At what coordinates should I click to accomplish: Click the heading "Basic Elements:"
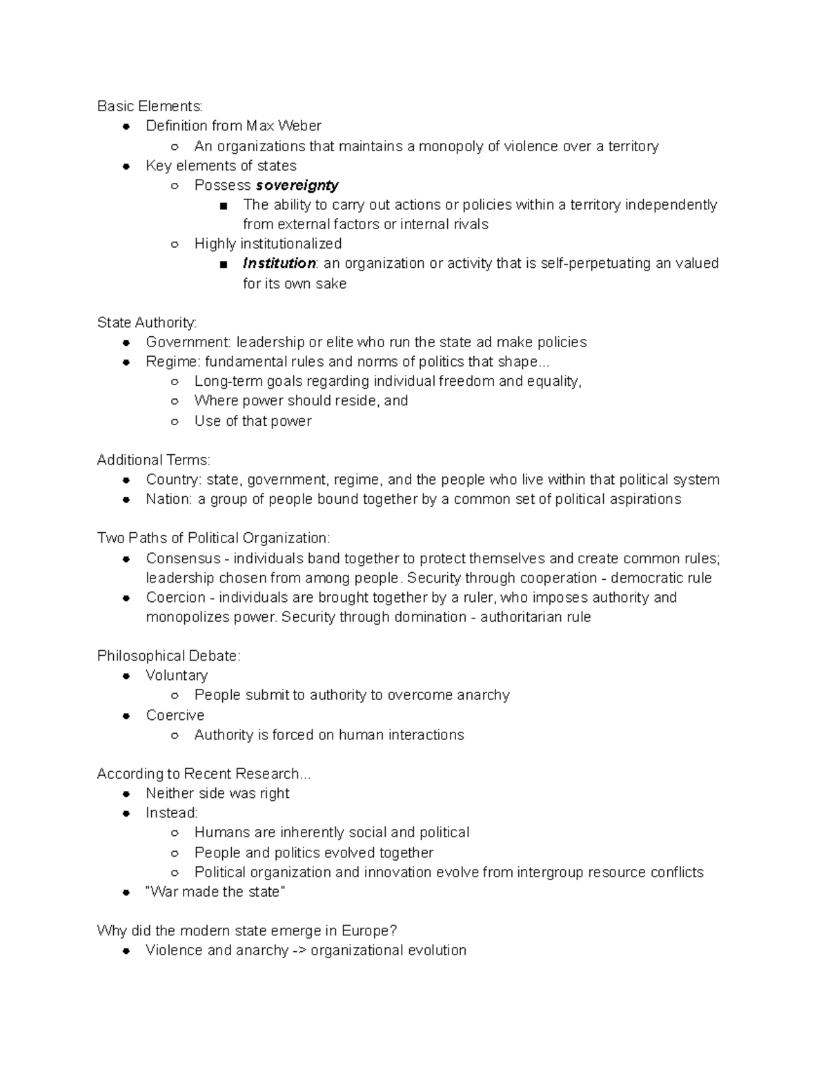(x=150, y=106)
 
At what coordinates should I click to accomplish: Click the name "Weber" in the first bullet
(x=299, y=126)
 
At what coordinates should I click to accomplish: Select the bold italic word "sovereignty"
(x=297, y=185)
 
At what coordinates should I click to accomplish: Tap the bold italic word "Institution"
(x=279, y=263)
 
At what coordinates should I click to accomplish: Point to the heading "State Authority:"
(x=146, y=322)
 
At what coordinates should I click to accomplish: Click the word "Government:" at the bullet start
(x=188, y=342)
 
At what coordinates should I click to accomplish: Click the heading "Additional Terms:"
(x=153, y=460)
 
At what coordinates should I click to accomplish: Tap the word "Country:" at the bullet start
(x=174, y=479)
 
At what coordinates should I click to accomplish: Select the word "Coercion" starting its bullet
(x=175, y=597)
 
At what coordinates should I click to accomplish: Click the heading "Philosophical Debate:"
(x=168, y=656)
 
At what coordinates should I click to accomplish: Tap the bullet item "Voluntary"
(x=177, y=675)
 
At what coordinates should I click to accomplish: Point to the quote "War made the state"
(x=215, y=892)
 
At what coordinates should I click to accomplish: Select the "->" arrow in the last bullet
(x=299, y=951)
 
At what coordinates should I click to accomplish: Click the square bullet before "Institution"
(x=222, y=264)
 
